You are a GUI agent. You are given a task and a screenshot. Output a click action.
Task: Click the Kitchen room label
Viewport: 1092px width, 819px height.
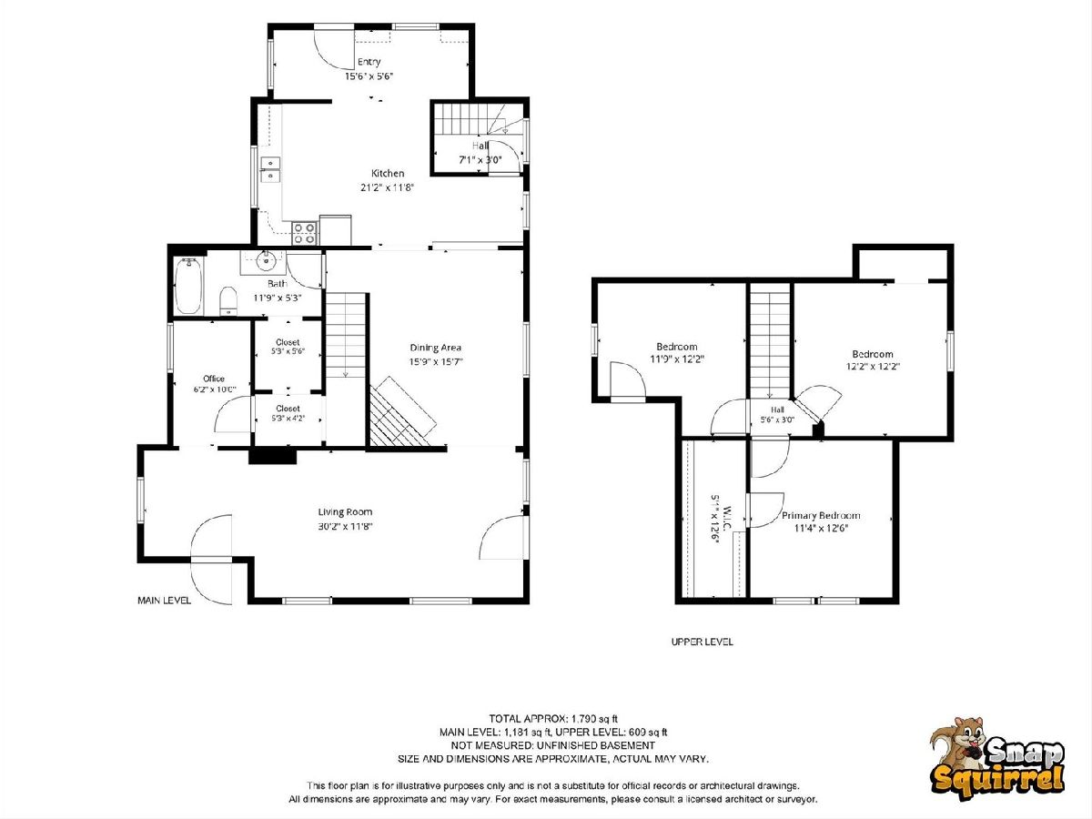[388, 173]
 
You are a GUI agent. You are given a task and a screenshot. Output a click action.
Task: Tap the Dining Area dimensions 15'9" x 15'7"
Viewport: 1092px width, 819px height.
[436, 361]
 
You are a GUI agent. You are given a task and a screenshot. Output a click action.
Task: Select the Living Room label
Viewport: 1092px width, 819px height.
[345, 511]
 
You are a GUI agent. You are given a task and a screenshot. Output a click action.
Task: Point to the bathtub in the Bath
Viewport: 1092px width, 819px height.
[188, 286]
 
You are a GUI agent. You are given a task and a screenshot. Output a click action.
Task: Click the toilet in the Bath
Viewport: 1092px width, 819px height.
[228, 300]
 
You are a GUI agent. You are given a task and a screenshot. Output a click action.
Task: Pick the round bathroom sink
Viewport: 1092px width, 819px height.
[266, 259]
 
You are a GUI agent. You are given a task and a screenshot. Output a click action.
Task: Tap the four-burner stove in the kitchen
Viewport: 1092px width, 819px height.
[305, 233]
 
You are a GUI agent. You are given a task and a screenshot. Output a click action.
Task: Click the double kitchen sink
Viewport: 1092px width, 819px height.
[269, 168]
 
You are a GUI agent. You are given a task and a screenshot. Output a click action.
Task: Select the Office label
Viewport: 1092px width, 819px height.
[214, 379]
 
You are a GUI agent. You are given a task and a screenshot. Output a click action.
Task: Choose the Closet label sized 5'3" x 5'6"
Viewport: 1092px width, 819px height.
[288, 342]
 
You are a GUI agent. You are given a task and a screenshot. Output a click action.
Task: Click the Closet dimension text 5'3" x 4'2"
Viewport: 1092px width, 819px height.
[288, 419]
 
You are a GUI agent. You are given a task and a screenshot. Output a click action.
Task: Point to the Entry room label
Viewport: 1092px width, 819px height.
[369, 62]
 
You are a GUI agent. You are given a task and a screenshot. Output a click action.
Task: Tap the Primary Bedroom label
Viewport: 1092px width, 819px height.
[821, 515]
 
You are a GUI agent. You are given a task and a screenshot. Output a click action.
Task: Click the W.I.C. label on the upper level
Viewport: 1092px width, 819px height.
[726, 518]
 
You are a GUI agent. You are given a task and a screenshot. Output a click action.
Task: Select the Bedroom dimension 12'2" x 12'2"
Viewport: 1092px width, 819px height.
[873, 367]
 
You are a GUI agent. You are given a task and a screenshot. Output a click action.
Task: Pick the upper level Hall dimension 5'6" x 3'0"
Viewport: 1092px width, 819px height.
[777, 420]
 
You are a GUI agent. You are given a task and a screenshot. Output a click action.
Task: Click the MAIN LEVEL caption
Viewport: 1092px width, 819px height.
[164, 601]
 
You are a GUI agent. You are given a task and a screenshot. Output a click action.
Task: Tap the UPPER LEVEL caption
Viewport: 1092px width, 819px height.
[702, 642]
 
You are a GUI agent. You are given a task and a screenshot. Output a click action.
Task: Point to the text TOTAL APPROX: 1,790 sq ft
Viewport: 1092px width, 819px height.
[553, 719]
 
